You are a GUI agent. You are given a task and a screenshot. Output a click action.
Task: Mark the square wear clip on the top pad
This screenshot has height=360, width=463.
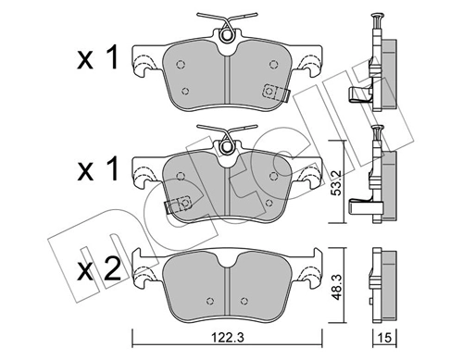point(271,92)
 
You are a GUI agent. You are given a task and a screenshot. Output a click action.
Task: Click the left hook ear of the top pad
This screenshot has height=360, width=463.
point(144,67)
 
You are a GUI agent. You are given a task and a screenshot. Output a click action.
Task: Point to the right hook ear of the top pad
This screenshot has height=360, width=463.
point(307,67)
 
